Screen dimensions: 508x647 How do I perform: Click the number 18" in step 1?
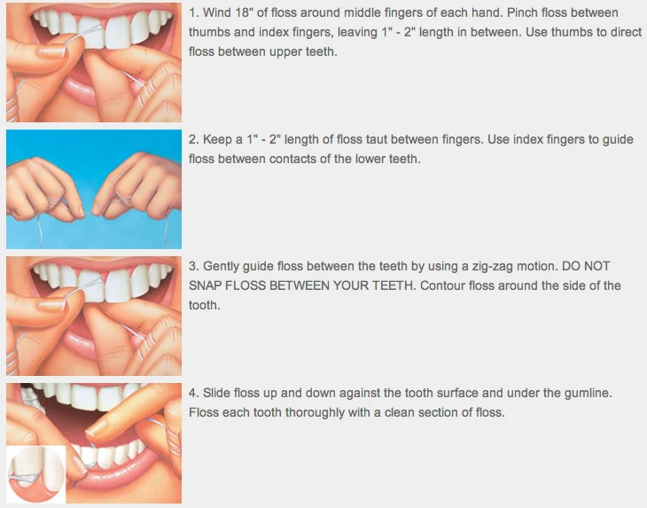click(250, 13)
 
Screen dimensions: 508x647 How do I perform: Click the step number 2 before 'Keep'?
click(193, 140)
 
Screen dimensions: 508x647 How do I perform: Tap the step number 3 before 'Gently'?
click(193, 266)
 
